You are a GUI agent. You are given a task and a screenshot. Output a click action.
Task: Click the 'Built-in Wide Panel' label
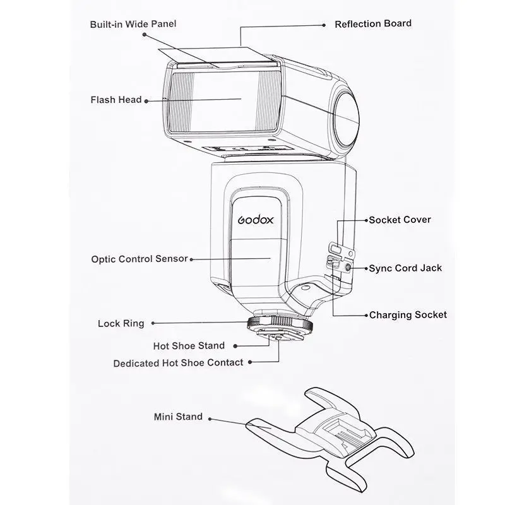(133, 24)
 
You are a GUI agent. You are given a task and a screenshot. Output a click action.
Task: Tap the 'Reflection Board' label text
(373, 23)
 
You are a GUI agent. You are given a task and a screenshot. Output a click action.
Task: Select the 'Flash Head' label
(116, 100)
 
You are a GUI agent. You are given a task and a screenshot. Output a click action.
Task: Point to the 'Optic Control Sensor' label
(140, 259)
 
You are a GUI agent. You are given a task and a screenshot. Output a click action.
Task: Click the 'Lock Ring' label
(121, 323)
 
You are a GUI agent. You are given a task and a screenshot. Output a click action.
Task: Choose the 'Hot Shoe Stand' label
(189, 346)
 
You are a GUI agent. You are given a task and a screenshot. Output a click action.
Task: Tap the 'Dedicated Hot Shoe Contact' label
(178, 363)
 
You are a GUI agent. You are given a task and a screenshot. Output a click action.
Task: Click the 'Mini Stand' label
(178, 417)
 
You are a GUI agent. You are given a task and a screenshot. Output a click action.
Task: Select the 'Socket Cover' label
(400, 220)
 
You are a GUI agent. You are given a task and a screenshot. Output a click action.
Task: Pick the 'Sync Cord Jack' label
(405, 268)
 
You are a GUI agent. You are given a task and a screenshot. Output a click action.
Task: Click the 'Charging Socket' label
(408, 315)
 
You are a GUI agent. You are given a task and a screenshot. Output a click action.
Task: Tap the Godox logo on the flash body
(256, 220)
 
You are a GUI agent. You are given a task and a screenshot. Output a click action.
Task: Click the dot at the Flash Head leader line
(146, 101)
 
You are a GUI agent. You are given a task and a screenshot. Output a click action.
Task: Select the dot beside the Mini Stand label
(210, 419)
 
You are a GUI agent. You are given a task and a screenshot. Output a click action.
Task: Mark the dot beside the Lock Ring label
(153, 323)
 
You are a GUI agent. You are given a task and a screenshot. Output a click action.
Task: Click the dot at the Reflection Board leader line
(324, 25)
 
